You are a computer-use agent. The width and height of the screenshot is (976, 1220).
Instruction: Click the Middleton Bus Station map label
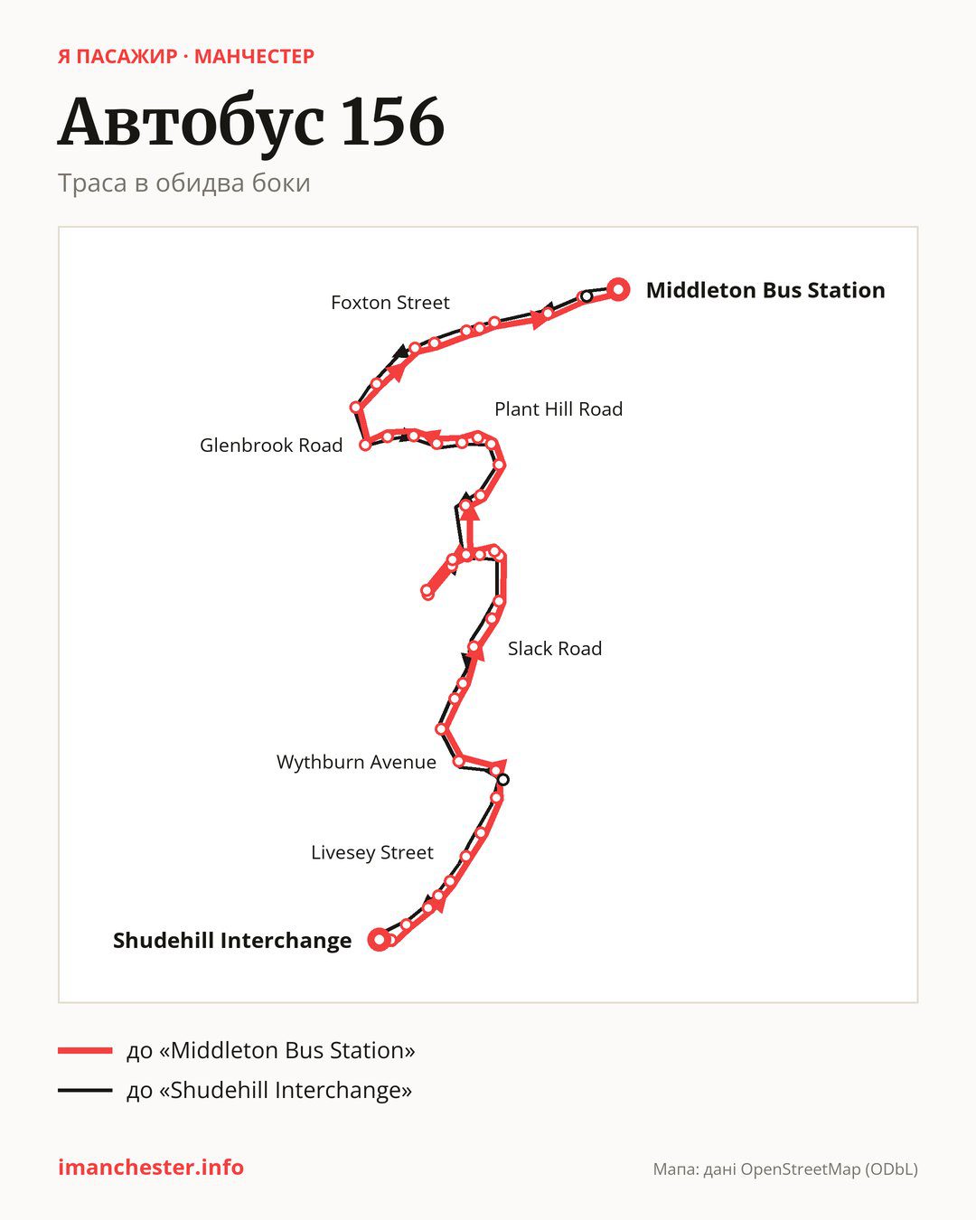pyautogui.click(x=765, y=290)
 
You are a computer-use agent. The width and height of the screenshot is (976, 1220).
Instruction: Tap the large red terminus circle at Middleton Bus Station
pyautogui.click(x=618, y=290)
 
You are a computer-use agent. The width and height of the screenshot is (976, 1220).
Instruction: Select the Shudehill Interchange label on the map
pyautogui.click(x=232, y=941)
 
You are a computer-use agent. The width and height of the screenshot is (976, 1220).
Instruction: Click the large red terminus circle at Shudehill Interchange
pyautogui.click(x=379, y=939)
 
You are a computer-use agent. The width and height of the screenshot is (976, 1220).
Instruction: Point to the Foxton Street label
pyautogui.click(x=390, y=303)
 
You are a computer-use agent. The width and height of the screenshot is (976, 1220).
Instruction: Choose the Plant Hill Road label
pyautogui.click(x=558, y=409)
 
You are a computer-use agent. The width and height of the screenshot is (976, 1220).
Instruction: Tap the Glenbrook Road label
pyautogui.click(x=271, y=446)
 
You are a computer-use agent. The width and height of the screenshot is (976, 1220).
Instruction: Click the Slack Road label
pyautogui.click(x=555, y=649)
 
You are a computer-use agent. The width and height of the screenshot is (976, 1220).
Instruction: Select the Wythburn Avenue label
pyautogui.click(x=356, y=763)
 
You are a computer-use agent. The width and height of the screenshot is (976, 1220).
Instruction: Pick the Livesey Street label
pyautogui.click(x=372, y=852)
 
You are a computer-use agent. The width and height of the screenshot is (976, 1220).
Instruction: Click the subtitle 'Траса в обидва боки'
pyautogui.click(x=184, y=183)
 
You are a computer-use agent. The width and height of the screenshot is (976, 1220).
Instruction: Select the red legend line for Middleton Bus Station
pyautogui.click(x=85, y=1051)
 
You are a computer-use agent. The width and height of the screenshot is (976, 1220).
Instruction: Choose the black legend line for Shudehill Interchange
pyautogui.click(x=85, y=1090)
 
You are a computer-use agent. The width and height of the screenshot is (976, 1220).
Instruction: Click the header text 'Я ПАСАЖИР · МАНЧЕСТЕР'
pyautogui.click(x=186, y=57)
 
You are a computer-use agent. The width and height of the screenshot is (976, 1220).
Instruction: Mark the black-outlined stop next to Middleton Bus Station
pyautogui.click(x=587, y=296)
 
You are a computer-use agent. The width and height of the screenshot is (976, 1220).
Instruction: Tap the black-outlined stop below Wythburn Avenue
pyautogui.click(x=502, y=780)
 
